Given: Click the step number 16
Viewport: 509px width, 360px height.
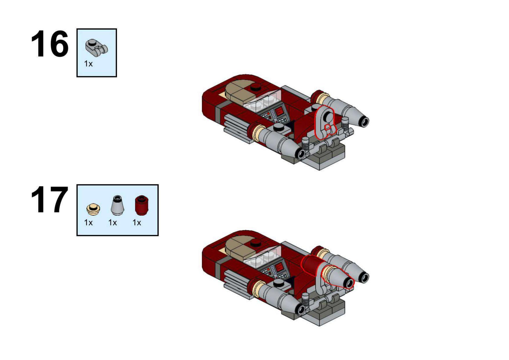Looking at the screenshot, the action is [50, 44].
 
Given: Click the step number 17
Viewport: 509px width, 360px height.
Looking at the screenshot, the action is [50, 200].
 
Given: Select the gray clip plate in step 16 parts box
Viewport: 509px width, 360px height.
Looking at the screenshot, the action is [96, 47].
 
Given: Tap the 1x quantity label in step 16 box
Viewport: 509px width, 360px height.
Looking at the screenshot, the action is [88, 63].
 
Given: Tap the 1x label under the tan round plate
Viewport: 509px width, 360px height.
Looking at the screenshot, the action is [88, 222].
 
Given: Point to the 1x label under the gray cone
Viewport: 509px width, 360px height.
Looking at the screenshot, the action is [113, 222].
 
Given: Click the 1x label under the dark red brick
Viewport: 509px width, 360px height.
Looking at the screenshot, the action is [137, 222].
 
